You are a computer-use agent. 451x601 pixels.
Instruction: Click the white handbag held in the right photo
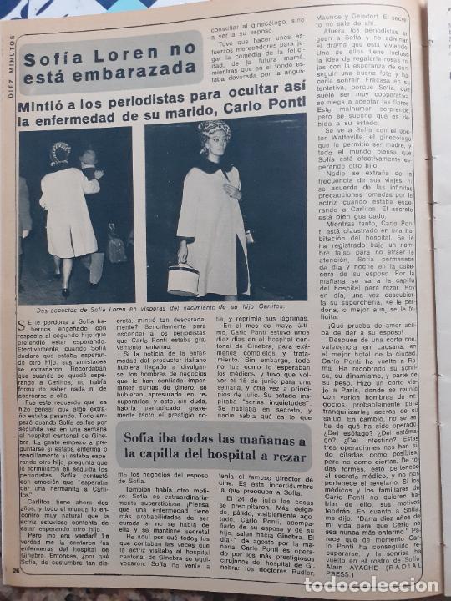183,280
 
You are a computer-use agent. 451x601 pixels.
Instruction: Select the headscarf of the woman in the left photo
60,153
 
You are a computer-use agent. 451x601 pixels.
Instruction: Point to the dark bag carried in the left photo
116,247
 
